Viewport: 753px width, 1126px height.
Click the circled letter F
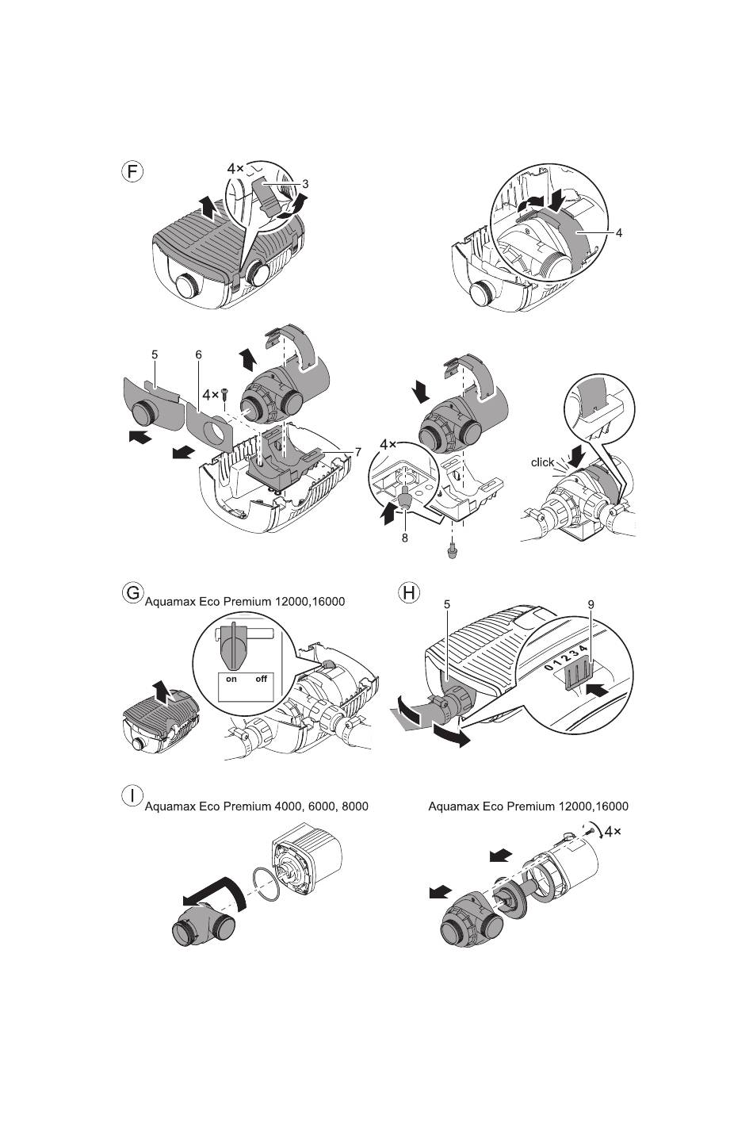click(132, 172)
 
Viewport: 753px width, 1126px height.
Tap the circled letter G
click(132, 592)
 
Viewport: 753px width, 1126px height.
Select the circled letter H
click(410, 592)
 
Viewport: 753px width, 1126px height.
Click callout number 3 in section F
click(305, 185)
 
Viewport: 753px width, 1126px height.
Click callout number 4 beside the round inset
click(619, 233)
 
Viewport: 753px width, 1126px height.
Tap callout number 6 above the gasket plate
click(198, 354)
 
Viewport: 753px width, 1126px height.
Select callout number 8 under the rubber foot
click(404, 538)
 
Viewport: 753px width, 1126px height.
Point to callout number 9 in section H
click(591, 605)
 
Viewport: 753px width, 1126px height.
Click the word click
click(542, 462)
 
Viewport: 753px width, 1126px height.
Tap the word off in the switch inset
click(262, 679)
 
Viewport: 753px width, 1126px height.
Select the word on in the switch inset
click(231, 679)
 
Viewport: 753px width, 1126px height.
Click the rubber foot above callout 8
click(404, 500)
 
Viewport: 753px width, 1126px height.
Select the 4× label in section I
click(613, 832)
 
